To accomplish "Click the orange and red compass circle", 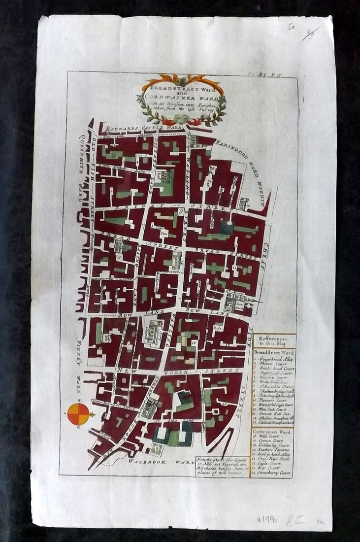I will click(x=78, y=414).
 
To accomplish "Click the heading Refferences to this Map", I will click(x=274, y=341).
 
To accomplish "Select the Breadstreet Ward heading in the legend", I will click(x=274, y=353).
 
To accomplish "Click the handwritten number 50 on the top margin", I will click(x=292, y=28).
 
